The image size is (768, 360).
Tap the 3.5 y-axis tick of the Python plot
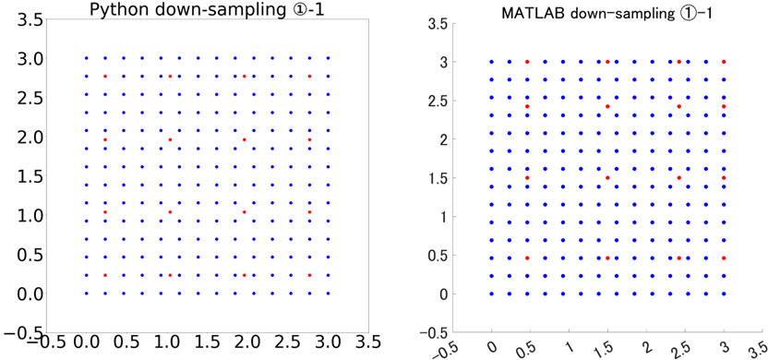pos(19,19)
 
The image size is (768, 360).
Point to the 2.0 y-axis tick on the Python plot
pos(19,138)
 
